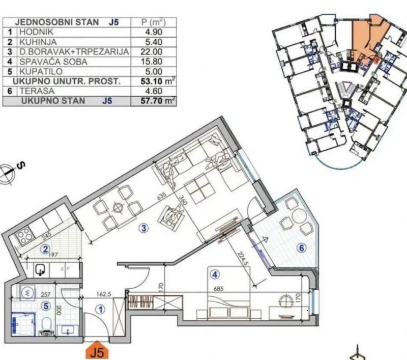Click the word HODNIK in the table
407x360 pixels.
pos(36,32)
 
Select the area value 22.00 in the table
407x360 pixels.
pos(152,52)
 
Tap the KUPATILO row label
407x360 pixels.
pos(41,71)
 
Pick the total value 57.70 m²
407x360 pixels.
pos(158,100)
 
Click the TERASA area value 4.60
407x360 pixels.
pos(154,91)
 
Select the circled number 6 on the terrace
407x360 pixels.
pos(302,248)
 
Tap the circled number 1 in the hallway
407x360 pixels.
pos(100,310)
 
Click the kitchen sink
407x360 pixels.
pos(41,270)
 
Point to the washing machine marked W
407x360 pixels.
pos(27,293)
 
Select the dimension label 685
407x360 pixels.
pos(219,289)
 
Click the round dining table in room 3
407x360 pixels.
pos(118,208)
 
